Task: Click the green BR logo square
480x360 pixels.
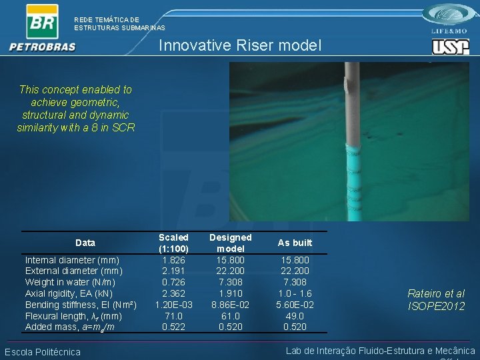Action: (x=42, y=21)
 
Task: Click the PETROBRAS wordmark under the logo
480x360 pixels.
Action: (x=43, y=47)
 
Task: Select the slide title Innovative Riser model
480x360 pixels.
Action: (x=240, y=45)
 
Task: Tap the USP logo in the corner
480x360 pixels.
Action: (x=450, y=47)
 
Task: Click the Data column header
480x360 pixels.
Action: (x=85, y=243)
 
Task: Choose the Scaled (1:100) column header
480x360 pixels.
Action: (x=173, y=243)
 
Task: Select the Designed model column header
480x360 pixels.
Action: (x=231, y=243)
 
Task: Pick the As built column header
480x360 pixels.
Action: (x=295, y=243)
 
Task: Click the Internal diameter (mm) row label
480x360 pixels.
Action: (x=72, y=260)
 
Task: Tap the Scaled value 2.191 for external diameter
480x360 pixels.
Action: (x=173, y=271)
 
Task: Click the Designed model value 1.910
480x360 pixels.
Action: (x=231, y=293)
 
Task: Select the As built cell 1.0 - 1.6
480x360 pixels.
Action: (x=295, y=293)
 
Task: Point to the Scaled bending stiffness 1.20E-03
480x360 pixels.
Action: (x=173, y=305)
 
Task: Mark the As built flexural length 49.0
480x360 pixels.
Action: (x=295, y=316)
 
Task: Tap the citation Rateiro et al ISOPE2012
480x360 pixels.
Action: (x=436, y=299)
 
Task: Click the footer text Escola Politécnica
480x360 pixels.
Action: (x=43, y=352)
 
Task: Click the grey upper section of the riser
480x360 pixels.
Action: (x=351, y=107)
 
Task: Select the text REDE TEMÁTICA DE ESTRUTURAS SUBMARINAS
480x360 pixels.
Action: (x=119, y=24)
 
